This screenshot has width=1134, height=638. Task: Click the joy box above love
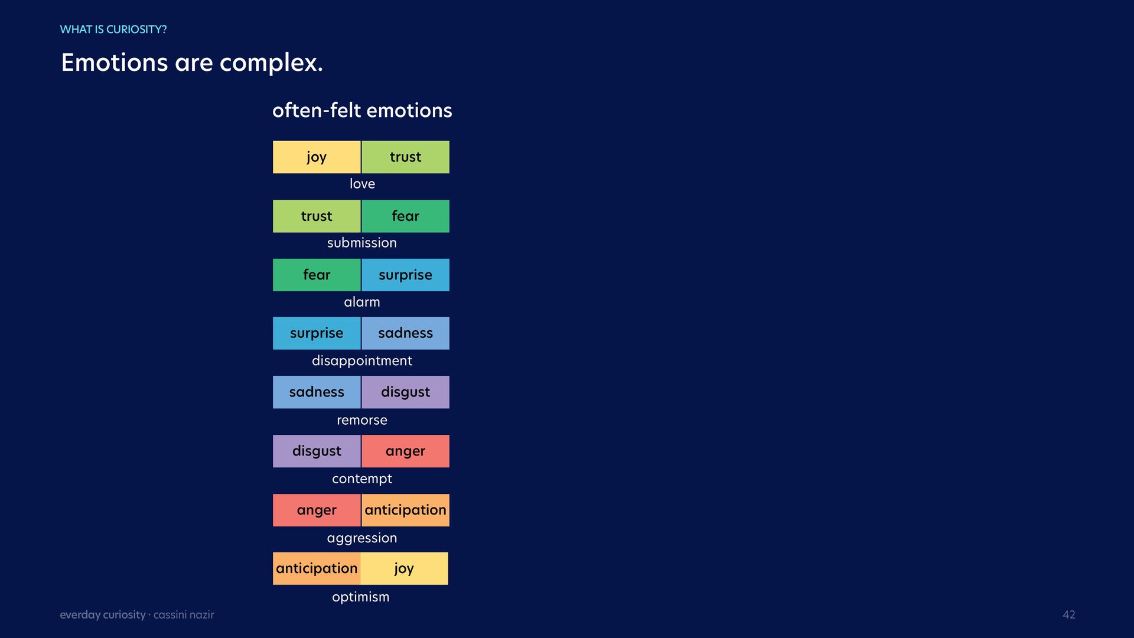pyautogui.click(x=317, y=157)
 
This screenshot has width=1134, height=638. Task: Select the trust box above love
pyautogui.click(x=405, y=157)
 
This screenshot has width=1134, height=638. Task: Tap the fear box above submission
pyautogui.click(x=405, y=216)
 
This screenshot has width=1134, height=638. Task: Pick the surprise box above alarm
pyautogui.click(x=405, y=275)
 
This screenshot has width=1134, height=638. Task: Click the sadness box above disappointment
pyautogui.click(x=405, y=333)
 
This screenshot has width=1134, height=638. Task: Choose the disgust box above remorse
pyautogui.click(x=405, y=392)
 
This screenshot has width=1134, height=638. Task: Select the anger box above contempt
pyautogui.click(x=405, y=451)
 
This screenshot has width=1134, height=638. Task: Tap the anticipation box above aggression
pyautogui.click(x=405, y=510)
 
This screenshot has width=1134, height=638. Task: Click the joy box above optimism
pyautogui.click(x=404, y=568)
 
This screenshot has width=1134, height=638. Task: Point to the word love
pyautogui.click(x=362, y=184)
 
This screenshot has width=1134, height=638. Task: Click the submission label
pyautogui.click(x=362, y=243)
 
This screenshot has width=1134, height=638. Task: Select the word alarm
pyautogui.click(x=362, y=302)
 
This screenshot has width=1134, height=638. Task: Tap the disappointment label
pyautogui.click(x=362, y=360)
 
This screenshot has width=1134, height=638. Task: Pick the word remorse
pyautogui.click(x=362, y=420)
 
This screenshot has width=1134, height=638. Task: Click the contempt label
pyautogui.click(x=362, y=479)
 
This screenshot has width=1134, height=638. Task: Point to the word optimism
pyautogui.click(x=361, y=597)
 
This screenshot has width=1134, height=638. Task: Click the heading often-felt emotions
pyautogui.click(x=362, y=110)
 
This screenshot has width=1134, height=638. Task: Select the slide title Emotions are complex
pyautogui.click(x=192, y=63)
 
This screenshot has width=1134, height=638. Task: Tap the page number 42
pyautogui.click(x=1069, y=615)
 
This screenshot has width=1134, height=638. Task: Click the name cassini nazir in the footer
pyautogui.click(x=184, y=615)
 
